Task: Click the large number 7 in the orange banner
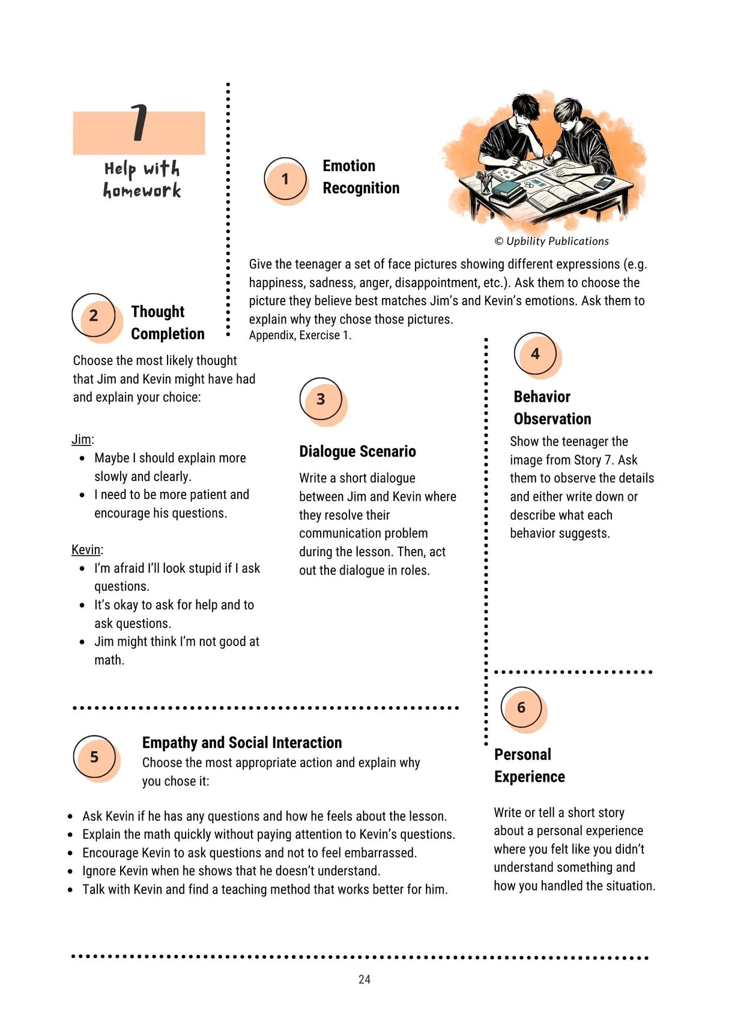tap(139, 122)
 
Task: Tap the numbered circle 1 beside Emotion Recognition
tap(285, 179)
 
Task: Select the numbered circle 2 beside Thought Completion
tap(94, 315)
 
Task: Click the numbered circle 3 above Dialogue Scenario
tap(321, 399)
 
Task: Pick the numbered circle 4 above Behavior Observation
tap(535, 354)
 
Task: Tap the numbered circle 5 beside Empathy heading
tap(94, 757)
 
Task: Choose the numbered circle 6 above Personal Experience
tap(521, 707)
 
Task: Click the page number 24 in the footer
tap(364, 979)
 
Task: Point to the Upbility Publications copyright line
tap(551, 241)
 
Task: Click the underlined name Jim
tap(81, 440)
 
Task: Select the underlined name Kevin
tap(86, 550)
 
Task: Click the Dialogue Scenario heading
tap(357, 452)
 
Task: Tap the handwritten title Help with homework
tap(142, 179)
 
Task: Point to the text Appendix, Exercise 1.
tap(300, 336)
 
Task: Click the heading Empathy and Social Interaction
tap(241, 743)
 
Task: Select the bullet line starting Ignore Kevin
tap(231, 871)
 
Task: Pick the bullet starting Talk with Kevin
tap(265, 889)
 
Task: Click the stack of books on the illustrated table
tap(506, 192)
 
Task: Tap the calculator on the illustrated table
tap(603, 183)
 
